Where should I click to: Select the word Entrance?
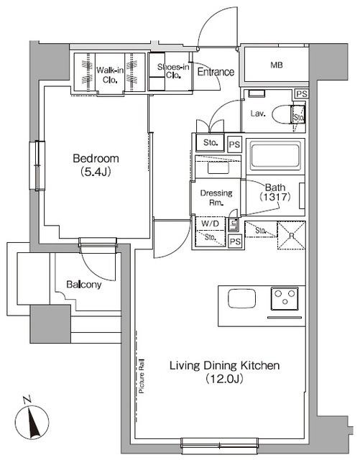(x=216, y=72)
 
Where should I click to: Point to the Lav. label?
(x=259, y=113)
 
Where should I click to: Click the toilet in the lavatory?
(x=297, y=114)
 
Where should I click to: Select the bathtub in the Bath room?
(x=273, y=155)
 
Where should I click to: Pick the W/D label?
(x=209, y=224)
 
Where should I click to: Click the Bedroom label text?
(x=96, y=159)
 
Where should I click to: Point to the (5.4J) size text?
(x=96, y=172)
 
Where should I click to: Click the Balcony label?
(x=85, y=285)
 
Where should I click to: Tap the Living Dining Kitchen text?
(x=224, y=366)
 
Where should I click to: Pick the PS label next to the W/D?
(x=234, y=242)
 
